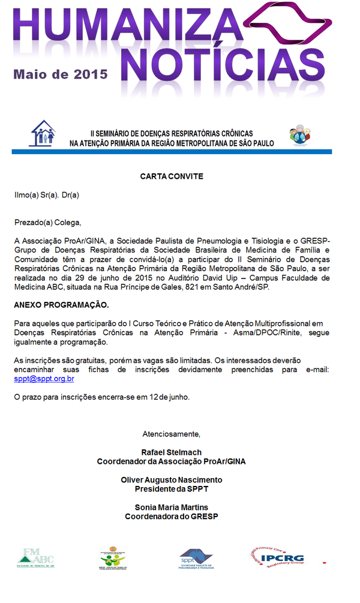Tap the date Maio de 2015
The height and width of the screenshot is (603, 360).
[61, 74]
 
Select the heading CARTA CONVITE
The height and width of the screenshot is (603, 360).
[172, 176]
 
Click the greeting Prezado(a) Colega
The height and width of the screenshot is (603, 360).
[47, 223]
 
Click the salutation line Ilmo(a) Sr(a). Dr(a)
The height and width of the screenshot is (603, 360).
[47, 195]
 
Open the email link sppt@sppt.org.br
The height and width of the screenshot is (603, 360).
[44, 379]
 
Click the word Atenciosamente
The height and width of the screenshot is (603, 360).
[172, 433]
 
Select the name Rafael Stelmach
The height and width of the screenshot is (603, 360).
[171, 452]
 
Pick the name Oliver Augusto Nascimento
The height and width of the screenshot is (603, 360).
[171, 480]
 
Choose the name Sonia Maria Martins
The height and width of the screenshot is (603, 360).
[171, 508]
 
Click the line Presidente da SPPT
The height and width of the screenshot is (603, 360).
[171, 488]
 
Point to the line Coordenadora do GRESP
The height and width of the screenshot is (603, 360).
[171, 517]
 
